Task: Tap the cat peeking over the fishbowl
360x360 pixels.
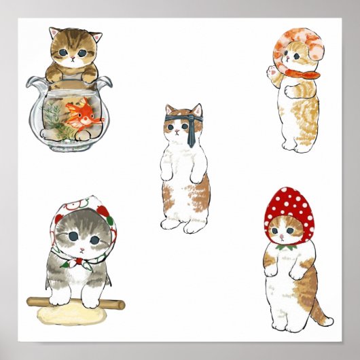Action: click(x=75, y=54)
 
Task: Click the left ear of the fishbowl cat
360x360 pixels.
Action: click(x=55, y=32)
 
